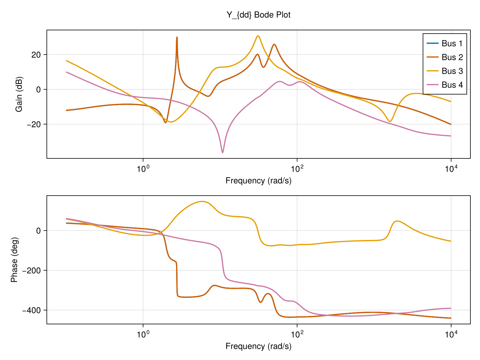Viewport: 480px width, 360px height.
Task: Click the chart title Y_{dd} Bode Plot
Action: click(258, 15)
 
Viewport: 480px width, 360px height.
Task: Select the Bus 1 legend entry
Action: click(452, 43)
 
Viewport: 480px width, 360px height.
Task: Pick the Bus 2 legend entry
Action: click(452, 57)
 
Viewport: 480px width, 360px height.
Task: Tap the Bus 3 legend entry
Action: click(452, 71)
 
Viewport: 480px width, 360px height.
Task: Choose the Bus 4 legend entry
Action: click(452, 85)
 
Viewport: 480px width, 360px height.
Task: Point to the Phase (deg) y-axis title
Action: click(14, 260)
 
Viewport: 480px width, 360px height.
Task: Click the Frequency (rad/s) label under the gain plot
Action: click(258, 181)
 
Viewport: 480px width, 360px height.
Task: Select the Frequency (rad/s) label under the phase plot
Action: click(258, 346)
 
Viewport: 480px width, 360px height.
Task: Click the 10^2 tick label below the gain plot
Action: click(297, 169)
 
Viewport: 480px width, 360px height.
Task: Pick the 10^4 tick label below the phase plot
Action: click(451, 334)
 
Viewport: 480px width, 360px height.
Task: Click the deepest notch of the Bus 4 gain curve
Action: click(222, 153)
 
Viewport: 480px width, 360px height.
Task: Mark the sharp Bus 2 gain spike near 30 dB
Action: click(177, 37)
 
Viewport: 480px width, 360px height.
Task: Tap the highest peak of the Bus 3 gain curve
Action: click(258, 36)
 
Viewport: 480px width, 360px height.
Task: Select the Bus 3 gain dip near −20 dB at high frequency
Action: click(390, 121)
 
